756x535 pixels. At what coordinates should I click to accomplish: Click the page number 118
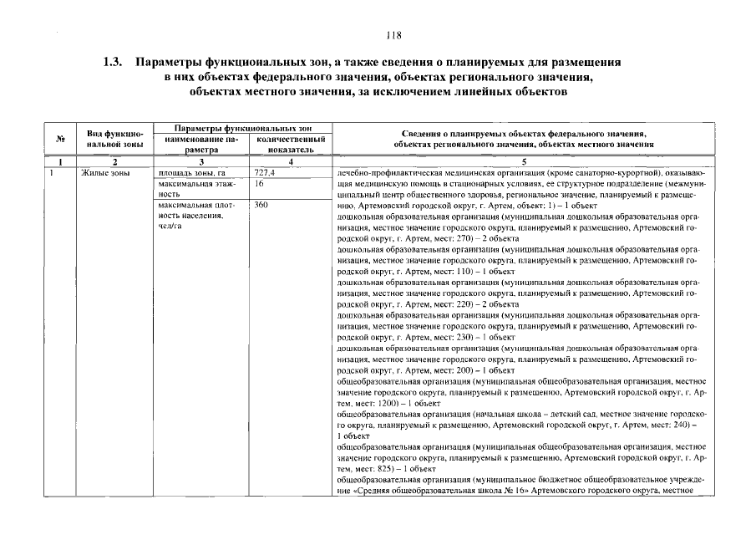[394, 36]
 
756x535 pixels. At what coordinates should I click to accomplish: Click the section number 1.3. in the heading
[113, 63]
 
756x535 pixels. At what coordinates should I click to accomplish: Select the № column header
[61, 139]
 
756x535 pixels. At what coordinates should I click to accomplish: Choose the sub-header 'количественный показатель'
[290, 144]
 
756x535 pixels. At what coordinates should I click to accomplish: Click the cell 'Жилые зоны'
[102, 171]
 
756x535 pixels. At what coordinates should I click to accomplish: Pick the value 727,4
[265, 171]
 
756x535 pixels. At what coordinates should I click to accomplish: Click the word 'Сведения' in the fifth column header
[420, 134]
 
